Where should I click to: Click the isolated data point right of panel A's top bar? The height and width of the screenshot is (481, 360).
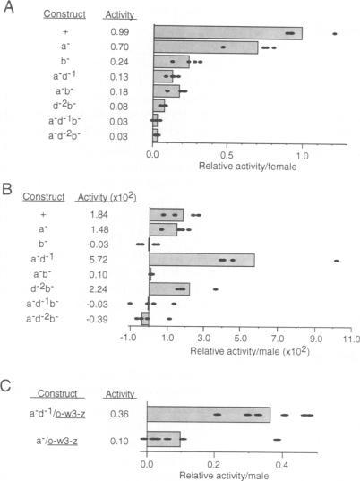(x=334, y=34)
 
